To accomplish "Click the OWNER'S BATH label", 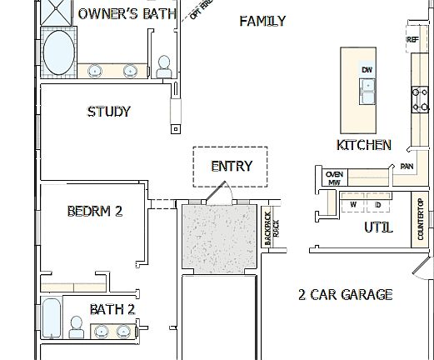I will (x=127, y=14).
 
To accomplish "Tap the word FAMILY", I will (x=262, y=21).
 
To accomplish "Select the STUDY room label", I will (x=109, y=112).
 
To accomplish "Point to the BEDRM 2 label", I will (x=95, y=212).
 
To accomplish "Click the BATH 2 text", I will (x=112, y=309).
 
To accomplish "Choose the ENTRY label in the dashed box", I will (x=232, y=166).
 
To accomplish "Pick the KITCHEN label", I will (x=363, y=145).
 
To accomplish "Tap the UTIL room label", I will (x=377, y=227).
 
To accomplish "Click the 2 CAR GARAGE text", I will (x=345, y=294).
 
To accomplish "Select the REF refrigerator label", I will (x=412, y=39).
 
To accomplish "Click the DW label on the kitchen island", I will (x=367, y=69).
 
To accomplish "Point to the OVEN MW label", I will (x=334, y=177).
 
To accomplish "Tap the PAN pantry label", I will (x=407, y=167).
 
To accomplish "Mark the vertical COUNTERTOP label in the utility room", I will (x=421, y=219).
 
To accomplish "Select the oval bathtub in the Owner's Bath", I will (x=58, y=53).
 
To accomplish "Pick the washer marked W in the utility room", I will (x=352, y=204).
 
